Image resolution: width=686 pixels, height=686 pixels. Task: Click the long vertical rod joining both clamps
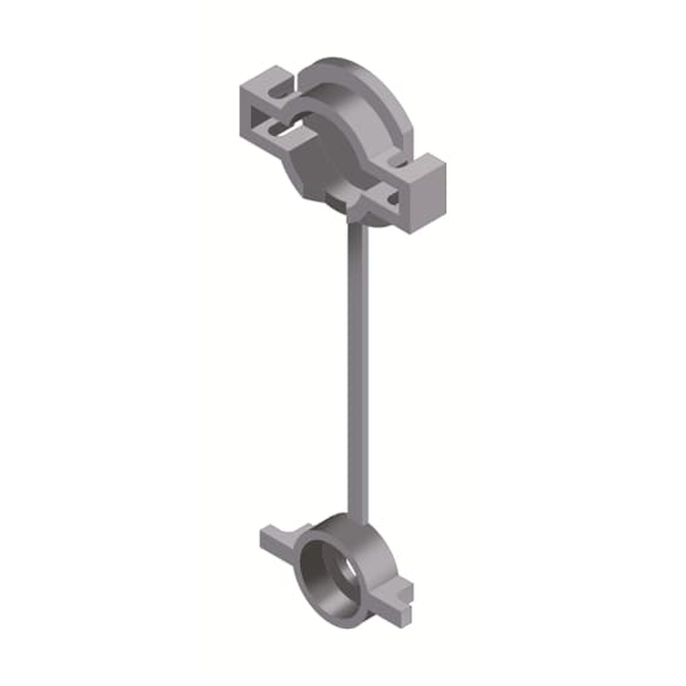359,370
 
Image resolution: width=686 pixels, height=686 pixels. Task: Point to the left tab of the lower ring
279,538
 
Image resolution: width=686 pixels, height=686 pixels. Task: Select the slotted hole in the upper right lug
392,200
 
